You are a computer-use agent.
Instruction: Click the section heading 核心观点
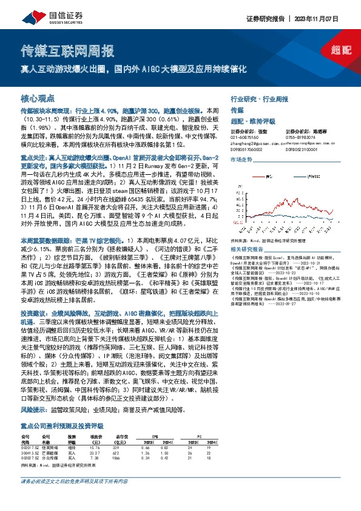click(38, 97)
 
